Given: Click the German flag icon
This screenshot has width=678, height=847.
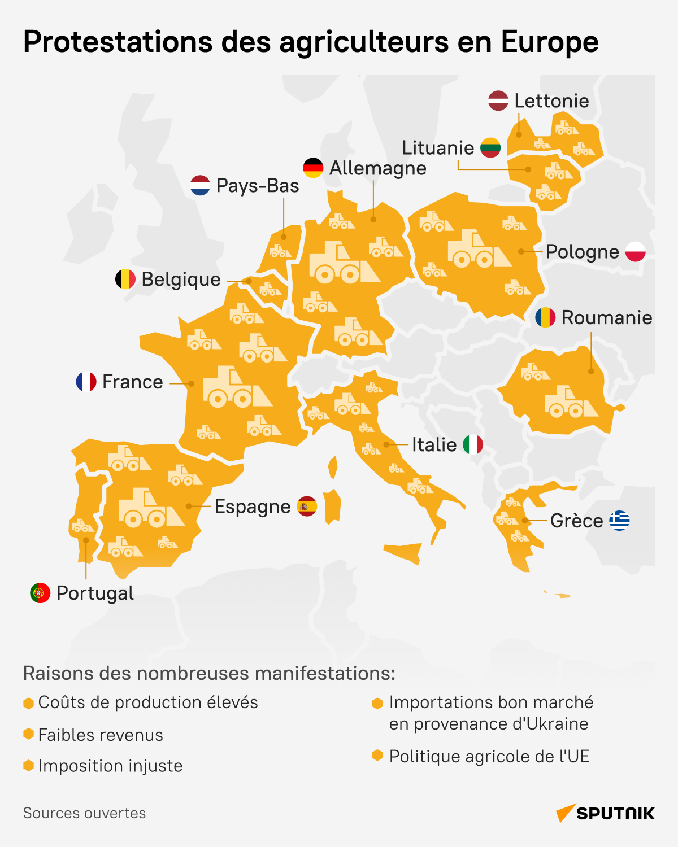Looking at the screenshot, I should (x=313, y=168).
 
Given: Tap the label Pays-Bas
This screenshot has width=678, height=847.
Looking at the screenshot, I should (x=258, y=186).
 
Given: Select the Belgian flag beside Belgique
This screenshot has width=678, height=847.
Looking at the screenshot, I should (x=125, y=279).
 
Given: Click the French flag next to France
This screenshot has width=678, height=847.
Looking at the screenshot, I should (x=86, y=382).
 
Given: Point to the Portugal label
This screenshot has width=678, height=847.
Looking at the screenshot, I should (x=95, y=593).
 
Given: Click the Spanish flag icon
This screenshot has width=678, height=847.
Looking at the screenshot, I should (x=307, y=507).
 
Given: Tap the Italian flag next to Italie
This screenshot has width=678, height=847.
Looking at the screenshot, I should (x=473, y=444).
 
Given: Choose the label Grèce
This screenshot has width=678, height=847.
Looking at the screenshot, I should (x=576, y=521).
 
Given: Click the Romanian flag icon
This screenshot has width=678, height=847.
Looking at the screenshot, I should (x=545, y=317).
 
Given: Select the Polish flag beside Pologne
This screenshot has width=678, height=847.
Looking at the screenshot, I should (x=636, y=251).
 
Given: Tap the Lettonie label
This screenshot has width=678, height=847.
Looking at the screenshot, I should (x=551, y=101).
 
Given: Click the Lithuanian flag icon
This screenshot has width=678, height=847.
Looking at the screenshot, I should (x=490, y=147).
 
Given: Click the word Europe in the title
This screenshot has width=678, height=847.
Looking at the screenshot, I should (x=550, y=42).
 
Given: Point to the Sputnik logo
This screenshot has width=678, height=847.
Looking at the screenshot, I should (x=606, y=813).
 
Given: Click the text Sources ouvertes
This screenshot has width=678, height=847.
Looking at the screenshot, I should (x=84, y=813).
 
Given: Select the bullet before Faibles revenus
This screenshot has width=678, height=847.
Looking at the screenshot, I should (x=28, y=734).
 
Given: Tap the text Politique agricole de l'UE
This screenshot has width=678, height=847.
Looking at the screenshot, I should (x=489, y=756).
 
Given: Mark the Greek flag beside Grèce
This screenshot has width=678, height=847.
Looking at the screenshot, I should (x=619, y=521).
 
